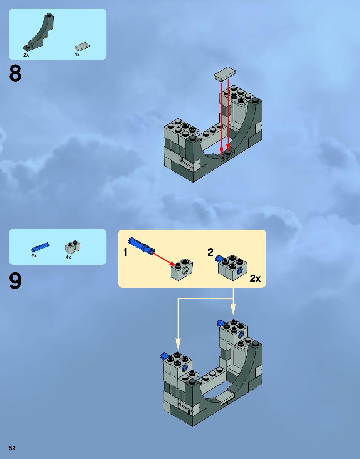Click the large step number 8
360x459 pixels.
[15, 73]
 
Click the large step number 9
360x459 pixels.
[15, 281]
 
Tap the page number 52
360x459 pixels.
[12, 448]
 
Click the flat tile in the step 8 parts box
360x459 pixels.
[82, 47]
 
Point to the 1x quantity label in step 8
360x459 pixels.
[77, 55]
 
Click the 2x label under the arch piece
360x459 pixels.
[26, 55]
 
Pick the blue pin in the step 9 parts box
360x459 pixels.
[40, 247]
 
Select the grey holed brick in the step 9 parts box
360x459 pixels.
[73, 247]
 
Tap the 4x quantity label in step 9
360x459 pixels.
[68, 257]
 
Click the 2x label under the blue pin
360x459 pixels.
[34, 256]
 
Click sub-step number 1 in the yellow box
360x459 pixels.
[125, 252]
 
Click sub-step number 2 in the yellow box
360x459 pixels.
[210, 252]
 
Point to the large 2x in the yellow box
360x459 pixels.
[255, 278]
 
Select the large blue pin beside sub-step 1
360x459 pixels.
[141, 245]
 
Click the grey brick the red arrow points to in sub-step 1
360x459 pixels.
[182, 270]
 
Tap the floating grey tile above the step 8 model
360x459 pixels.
[224, 74]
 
